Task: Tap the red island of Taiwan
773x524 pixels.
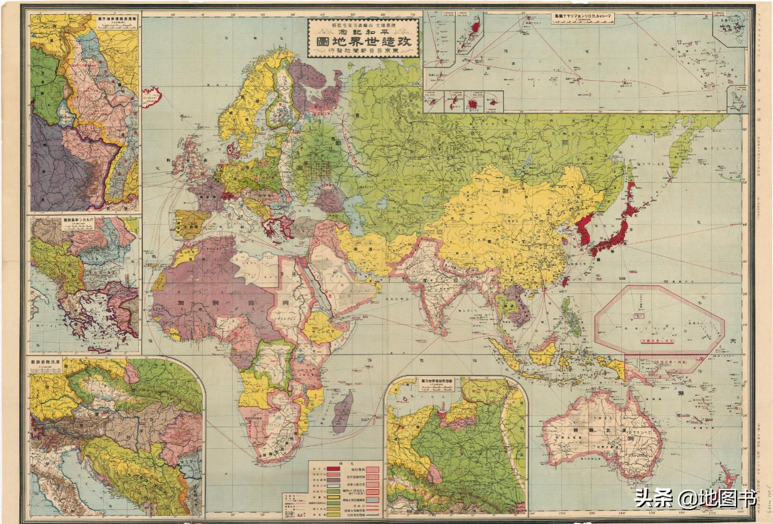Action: click(x=565, y=281)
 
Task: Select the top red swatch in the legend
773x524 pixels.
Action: click(x=334, y=469)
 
